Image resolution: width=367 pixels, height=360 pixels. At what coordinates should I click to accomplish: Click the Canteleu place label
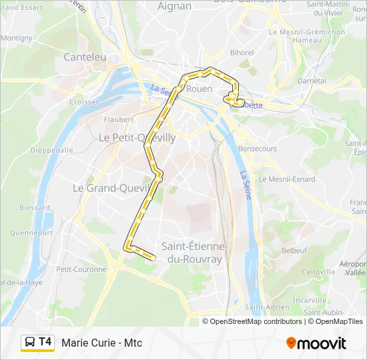tap(85, 57)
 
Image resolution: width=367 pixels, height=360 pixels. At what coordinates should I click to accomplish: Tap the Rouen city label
tap(200, 89)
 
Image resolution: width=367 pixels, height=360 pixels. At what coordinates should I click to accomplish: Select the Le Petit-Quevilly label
tap(137, 138)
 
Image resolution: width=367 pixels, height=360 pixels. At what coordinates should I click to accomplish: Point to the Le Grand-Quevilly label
tap(109, 188)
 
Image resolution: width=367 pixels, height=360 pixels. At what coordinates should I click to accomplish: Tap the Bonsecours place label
tap(257, 149)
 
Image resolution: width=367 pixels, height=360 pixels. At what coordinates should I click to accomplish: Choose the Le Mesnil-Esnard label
tap(287, 179)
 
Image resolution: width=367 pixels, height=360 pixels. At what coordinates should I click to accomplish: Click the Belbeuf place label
tap(294, 251)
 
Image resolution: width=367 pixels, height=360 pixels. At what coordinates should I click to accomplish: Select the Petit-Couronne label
tap(81, 269)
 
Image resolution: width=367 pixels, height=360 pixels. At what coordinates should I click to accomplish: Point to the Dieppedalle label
tap(52, 150)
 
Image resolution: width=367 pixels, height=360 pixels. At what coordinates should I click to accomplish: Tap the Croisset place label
tap(84, 102)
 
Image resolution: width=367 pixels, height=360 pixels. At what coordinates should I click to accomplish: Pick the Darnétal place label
tap(312, 81)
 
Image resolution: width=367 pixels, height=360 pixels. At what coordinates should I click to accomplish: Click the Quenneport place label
tap(31, 233)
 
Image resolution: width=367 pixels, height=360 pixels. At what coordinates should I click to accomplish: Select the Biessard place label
tap(35, 207)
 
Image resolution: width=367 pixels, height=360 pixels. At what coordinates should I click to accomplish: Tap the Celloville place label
tap(318, 272)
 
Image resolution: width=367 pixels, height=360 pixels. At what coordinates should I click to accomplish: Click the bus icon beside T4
tap(30, 343)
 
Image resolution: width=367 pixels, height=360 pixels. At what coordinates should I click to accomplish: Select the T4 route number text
tap(45, 342)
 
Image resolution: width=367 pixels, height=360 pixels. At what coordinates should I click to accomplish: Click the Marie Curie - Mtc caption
tap(102, 343)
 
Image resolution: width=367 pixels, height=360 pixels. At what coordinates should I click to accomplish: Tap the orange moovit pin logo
tap(291, 343)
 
